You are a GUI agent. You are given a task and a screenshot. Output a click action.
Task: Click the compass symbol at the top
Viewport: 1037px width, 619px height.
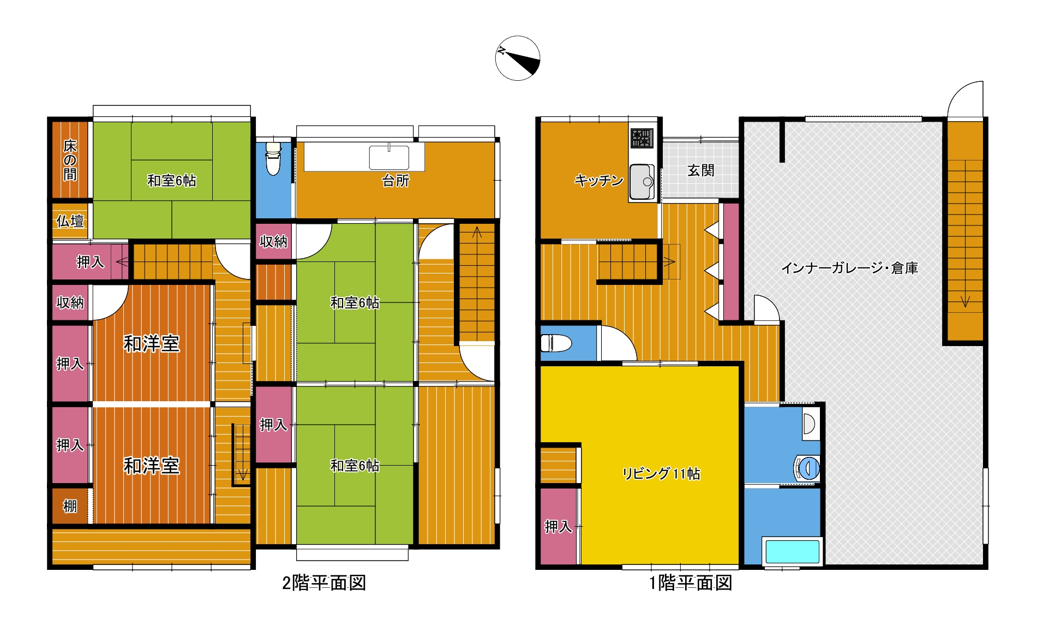pos(518,58)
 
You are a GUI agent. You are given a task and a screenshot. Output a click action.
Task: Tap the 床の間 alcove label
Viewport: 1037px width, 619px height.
pos(70,160)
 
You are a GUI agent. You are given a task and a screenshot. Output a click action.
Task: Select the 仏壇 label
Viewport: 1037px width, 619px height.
pos(70,221)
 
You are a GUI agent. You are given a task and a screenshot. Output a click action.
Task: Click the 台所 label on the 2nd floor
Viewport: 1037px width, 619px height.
pos(395,181)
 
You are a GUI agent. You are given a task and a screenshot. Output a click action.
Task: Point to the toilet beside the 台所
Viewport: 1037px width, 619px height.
pos(273,158)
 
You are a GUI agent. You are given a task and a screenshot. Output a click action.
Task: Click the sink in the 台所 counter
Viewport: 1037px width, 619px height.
pos(389,157)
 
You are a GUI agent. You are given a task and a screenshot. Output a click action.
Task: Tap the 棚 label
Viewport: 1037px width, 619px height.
pos(70,506)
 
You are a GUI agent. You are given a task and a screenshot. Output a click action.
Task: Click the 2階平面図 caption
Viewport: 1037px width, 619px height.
pos(324,583)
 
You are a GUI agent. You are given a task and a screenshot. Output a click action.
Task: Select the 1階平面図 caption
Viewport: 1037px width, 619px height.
pos(691,583)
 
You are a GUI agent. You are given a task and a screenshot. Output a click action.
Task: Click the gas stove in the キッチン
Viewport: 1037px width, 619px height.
pos(642,138)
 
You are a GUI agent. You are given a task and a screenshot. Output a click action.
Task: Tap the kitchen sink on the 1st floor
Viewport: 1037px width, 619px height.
pos(642,182)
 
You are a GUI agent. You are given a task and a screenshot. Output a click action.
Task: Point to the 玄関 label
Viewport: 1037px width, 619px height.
pos(700,170)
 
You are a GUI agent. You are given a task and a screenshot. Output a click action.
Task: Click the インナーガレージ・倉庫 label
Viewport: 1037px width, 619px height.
pos(849,268)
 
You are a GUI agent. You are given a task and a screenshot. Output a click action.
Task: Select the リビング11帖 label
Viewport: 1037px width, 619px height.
pos(661,473)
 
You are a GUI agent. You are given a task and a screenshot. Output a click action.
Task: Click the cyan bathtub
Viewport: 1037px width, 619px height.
pos(793,552)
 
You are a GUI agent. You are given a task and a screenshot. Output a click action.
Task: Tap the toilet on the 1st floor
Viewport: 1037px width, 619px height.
pos(556,343)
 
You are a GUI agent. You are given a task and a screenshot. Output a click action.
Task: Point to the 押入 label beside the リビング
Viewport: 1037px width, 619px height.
pos(558,526)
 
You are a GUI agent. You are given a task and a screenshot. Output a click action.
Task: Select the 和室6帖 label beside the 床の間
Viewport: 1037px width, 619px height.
pos(171,181)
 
